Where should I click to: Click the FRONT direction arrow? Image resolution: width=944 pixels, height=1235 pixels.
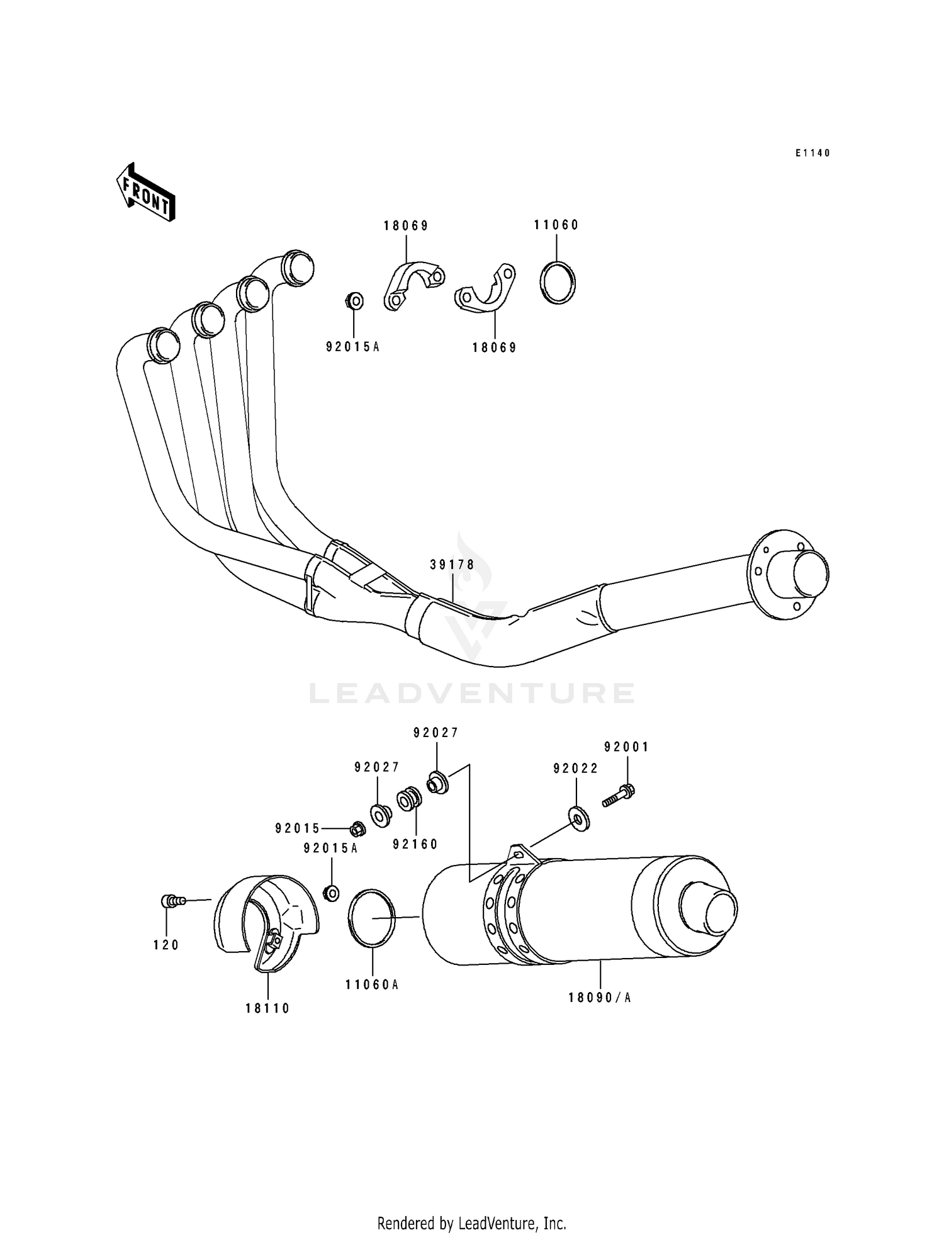(145, 192)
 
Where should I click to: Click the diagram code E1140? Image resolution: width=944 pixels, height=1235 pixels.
(812, 153)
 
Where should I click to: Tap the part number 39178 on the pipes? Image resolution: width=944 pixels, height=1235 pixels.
(452, 565)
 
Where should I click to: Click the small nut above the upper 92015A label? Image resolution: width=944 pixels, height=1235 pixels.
(355, 301)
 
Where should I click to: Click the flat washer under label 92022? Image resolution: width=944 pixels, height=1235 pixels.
(578, 818)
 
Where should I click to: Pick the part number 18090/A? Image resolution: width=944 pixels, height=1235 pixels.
(599, 998)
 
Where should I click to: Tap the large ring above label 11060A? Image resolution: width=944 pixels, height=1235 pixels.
(371, 918)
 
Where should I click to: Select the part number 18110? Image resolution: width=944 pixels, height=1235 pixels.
(267, 1008)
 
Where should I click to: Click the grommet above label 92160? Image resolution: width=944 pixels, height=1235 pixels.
(408, 799)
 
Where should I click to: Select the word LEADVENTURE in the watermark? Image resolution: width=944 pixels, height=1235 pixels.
(472, 693)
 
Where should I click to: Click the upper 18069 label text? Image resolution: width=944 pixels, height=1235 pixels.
(406, 226)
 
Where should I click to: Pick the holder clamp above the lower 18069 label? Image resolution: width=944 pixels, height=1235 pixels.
(486, 290)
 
